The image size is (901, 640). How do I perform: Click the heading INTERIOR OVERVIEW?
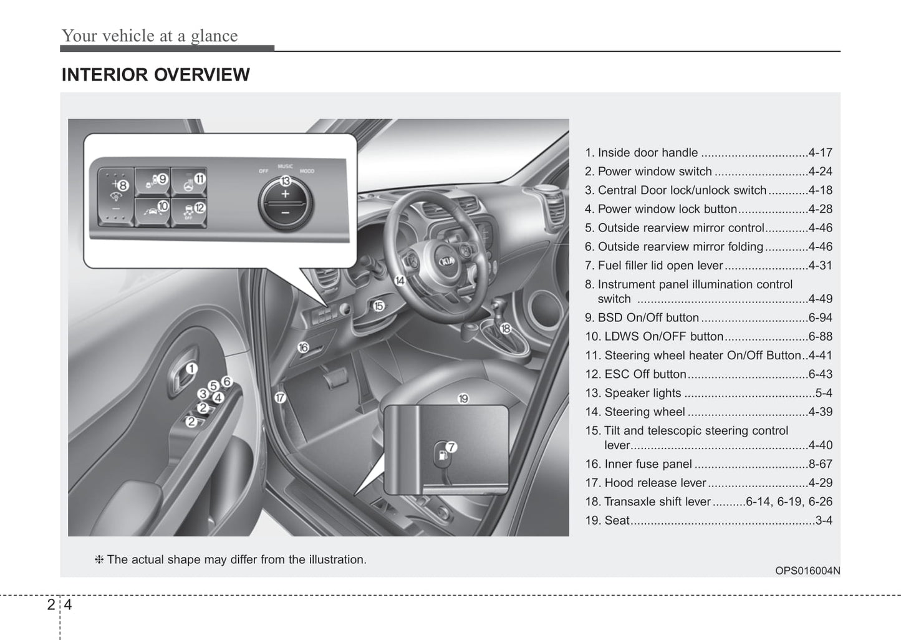(155, 75)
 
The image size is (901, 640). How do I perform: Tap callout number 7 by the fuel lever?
(451, 447)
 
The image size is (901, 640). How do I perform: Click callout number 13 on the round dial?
(285, 181)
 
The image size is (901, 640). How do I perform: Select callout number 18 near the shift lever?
(506, 328)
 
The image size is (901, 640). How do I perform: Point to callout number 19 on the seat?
(463, 398)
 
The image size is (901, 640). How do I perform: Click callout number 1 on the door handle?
(191, 369)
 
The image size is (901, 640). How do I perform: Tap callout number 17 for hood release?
(280, 397)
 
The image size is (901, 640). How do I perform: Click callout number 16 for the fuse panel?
(303, 347)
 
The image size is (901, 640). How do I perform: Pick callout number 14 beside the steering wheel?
(400, 281)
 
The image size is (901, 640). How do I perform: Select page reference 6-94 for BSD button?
(820, 318)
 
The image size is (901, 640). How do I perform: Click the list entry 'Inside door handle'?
(647, 153)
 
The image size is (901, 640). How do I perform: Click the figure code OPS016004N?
(807, 570)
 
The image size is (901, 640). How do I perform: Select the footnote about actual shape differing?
(231, 560)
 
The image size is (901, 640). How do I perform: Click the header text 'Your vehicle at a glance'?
(150, 36)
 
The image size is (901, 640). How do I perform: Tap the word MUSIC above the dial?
(285, 167)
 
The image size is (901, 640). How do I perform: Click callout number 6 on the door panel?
(226, 381)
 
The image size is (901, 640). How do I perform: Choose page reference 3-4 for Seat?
(824, 520)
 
